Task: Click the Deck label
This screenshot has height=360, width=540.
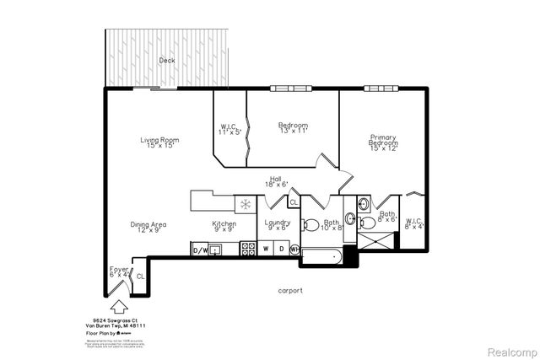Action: click(x=166, y=61)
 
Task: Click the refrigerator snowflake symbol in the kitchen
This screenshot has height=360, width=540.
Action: click(x=246, y=204)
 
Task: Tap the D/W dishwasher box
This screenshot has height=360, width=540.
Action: click(x=200, y=250)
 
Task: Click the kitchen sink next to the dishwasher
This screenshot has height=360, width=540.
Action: click(x=217, y=249)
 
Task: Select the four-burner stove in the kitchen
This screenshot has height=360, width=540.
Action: click(x=249, y=249)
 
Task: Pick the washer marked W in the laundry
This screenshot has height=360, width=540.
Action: click(x=266, y=249)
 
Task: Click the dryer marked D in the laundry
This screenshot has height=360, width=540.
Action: click(x=281, y=249)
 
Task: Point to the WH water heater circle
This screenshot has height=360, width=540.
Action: click(x=294, y=250)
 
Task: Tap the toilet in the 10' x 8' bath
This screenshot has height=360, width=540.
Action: click(x=310, y=224)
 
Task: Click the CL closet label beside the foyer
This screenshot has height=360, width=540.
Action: click(x=140, y=276)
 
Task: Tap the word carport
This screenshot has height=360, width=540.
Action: click(x=290, y=290)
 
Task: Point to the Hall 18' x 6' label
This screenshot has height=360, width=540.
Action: click(x=276, y=181)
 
